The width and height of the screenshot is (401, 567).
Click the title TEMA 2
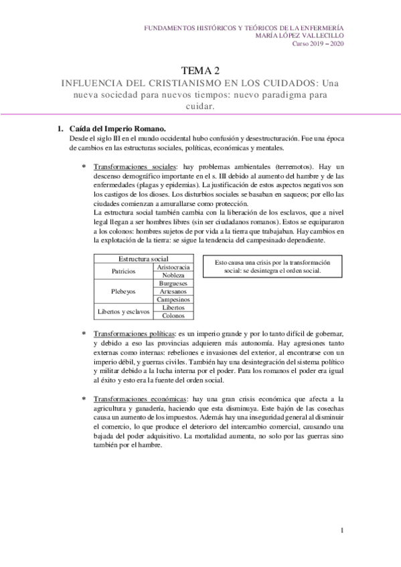pos(200,70)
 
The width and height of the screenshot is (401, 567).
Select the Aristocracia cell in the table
pos(173,267)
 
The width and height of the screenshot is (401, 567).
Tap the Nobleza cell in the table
pos(173,275)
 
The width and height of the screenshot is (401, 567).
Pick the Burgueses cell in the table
pos(173,283)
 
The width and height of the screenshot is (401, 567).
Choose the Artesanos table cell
pos(173,292)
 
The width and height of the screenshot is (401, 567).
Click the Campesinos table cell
pos(173,300)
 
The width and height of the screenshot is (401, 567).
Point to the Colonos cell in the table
pos(173,316)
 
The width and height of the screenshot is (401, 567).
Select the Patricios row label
pos(124,271)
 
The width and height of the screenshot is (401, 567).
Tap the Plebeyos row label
pos(124,292)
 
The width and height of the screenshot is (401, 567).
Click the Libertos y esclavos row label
pos(124,312)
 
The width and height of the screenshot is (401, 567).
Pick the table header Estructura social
pos(143,259)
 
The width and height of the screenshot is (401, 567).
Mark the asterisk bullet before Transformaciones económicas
pos(84,399)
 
